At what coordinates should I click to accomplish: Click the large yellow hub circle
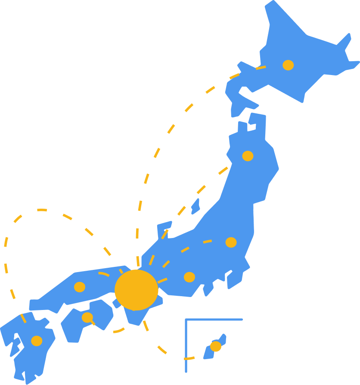tap(136, 290)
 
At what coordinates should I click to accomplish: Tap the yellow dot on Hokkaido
tap(288, 65)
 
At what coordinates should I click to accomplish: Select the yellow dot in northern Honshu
tap(248, 156)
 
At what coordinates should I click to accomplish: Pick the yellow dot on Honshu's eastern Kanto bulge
tap(231, 242)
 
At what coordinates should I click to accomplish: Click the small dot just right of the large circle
tap(189, 277)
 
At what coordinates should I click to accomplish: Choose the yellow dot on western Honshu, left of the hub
tap(80, 287)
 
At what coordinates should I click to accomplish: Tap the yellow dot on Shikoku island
tap(87, 317)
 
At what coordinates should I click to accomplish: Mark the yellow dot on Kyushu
tap(37, 341)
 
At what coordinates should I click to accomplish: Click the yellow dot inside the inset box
tap(215, 346)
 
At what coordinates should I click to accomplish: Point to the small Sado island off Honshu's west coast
tap(196, 207)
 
